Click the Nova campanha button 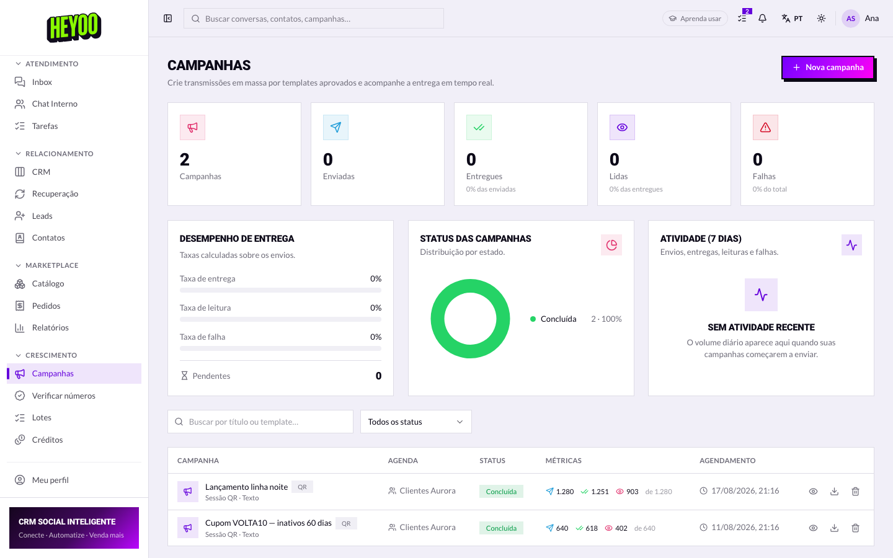click(x=828, y=68)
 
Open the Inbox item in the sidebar click(x=42, y=82)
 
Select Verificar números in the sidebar click(x=63, y=396)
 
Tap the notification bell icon click(x=762, y=19)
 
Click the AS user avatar click(x=850, y=19)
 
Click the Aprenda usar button click(x=695, y=19)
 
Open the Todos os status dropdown click(x=415, y=422)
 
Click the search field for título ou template click(x=260, y=422)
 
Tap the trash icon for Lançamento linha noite click(x=855, y=492)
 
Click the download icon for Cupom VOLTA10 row click(x=834, y=528)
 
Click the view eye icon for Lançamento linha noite click(x=813, y=492)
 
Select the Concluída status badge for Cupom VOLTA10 click(x=501, y=528)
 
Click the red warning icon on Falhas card click(x=765, y=128)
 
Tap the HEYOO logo click(x=74, y=27)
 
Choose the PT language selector click(x=792, y=19)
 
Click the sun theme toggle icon click(x=821, y=19)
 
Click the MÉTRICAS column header click(x=563, y=461)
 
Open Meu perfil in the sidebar click(x=50, y=480)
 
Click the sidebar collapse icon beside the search click(x=168, y=19)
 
